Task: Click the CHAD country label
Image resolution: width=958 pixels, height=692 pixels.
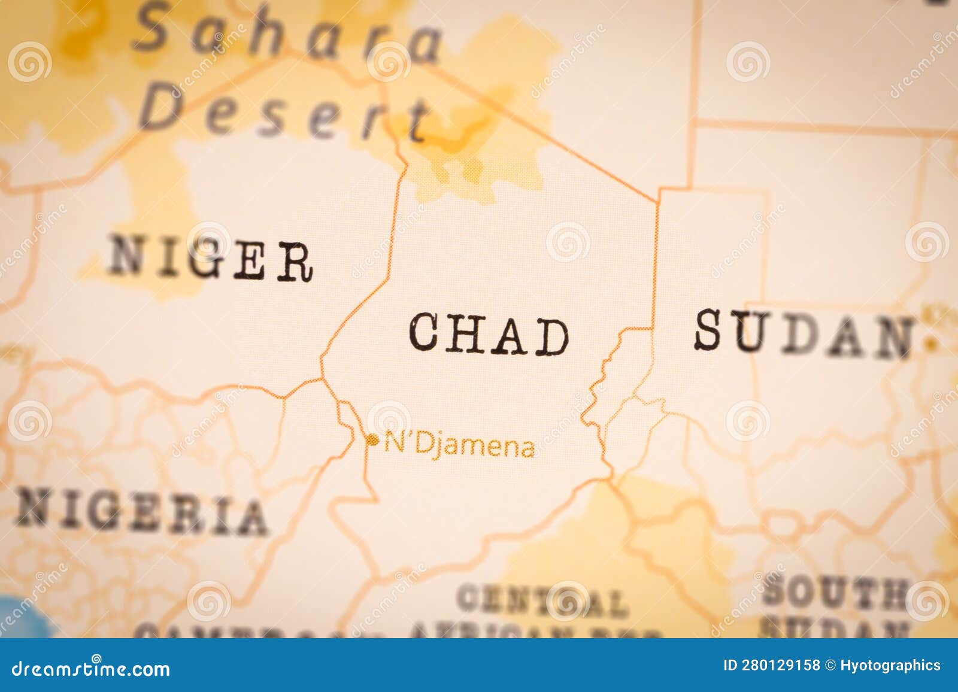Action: pos(489,334)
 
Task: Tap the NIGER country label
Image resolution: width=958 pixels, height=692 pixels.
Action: pos(211,259)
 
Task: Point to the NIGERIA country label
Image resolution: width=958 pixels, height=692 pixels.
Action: pos(141,512)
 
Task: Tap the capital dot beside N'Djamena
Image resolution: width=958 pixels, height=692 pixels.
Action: pos(373,441)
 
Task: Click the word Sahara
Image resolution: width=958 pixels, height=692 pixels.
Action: pos(287,33)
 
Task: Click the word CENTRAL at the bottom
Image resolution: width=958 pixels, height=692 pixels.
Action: pos(542,600)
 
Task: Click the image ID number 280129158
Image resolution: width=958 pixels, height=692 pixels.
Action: pos(775,666)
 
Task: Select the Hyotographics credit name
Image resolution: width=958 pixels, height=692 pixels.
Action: pos(890,666)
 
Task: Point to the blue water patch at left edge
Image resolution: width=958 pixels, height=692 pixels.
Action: pos(18,617)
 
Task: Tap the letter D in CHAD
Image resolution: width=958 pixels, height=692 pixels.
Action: pos(551,336)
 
